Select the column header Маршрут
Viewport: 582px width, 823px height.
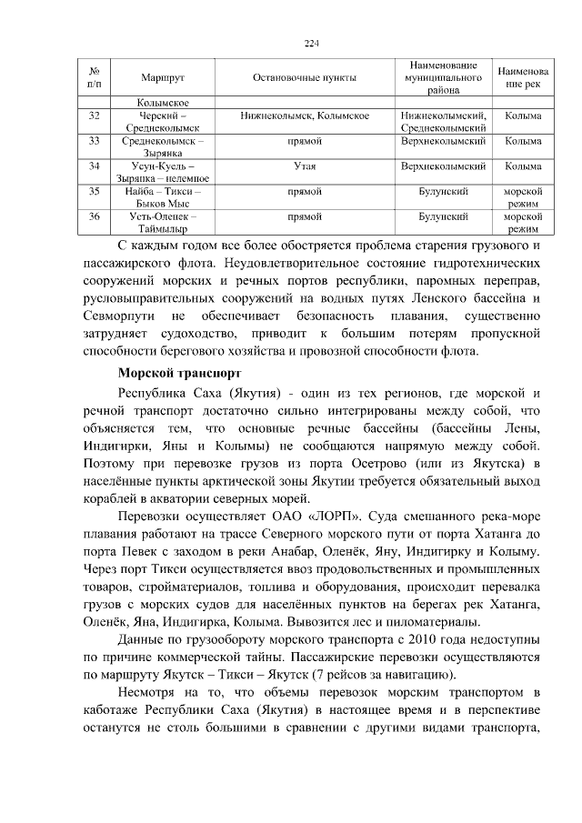tap(164, 78)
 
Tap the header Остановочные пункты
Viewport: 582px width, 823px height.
tap(304, 78)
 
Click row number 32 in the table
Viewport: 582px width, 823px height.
tap(95, 116)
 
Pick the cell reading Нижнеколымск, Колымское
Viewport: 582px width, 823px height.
tap(304, 116)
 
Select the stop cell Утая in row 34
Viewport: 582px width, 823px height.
tap(304, 166)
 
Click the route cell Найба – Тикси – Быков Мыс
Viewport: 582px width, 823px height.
tap(164, 198)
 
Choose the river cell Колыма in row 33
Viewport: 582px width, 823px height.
tap(523, 142)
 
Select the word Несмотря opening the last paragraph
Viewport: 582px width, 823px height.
tap(151, 696)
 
